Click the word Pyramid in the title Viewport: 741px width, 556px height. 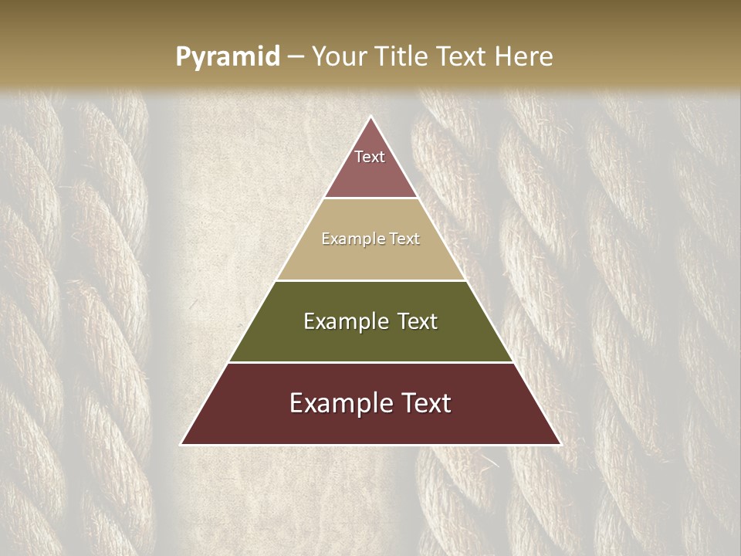coord(227,57)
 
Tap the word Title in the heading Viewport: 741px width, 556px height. coord(402,56)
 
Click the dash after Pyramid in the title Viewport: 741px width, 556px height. coord(295,57)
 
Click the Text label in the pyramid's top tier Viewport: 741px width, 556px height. coord(370,157)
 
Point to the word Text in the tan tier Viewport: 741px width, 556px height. coord(404,239)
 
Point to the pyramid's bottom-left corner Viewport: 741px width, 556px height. coord(182,444)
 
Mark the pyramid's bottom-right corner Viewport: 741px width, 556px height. coord(560,444)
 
